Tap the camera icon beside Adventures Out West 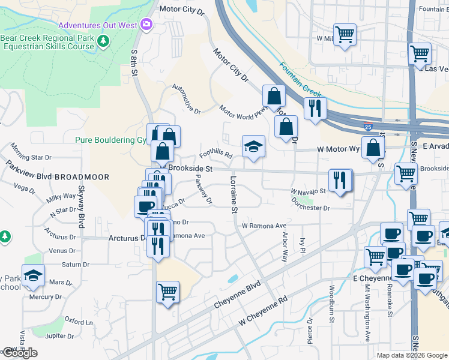(146, 25)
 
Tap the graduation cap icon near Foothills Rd (253, 146)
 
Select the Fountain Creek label (301, 80)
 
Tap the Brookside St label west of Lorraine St (190, 169)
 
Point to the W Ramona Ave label (264, 226)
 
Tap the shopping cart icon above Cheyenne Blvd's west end (168, 292)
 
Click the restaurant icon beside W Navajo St (340, 181)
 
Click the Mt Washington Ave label (367, 313)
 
